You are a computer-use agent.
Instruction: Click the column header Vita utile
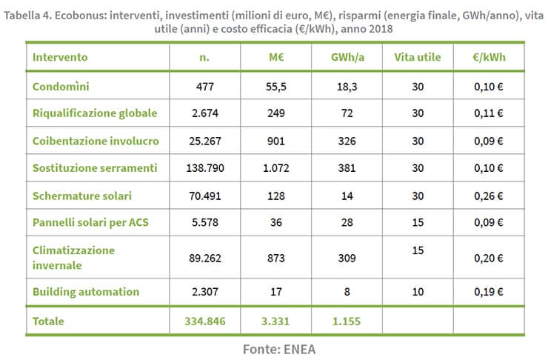point(418,57)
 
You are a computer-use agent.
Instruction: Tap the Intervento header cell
point(60,57)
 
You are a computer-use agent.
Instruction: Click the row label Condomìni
point(61,87)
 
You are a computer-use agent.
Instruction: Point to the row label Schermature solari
point(83,196)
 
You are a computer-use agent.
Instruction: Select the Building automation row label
point(86,291)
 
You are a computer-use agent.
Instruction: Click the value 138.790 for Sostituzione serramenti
point(204,168)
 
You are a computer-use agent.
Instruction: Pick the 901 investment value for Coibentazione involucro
point(274,141)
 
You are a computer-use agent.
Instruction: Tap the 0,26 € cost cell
point(489,196)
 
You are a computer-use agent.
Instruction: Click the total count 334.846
point(204,321)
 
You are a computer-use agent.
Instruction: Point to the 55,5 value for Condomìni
point(274,87)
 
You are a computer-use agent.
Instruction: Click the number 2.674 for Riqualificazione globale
point(204,114)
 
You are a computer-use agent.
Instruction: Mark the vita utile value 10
point(418,291)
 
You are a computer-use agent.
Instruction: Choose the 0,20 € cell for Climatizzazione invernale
point(489,257)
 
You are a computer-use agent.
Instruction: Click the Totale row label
point(49,321)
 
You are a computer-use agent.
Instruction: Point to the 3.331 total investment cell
point(274,321)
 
